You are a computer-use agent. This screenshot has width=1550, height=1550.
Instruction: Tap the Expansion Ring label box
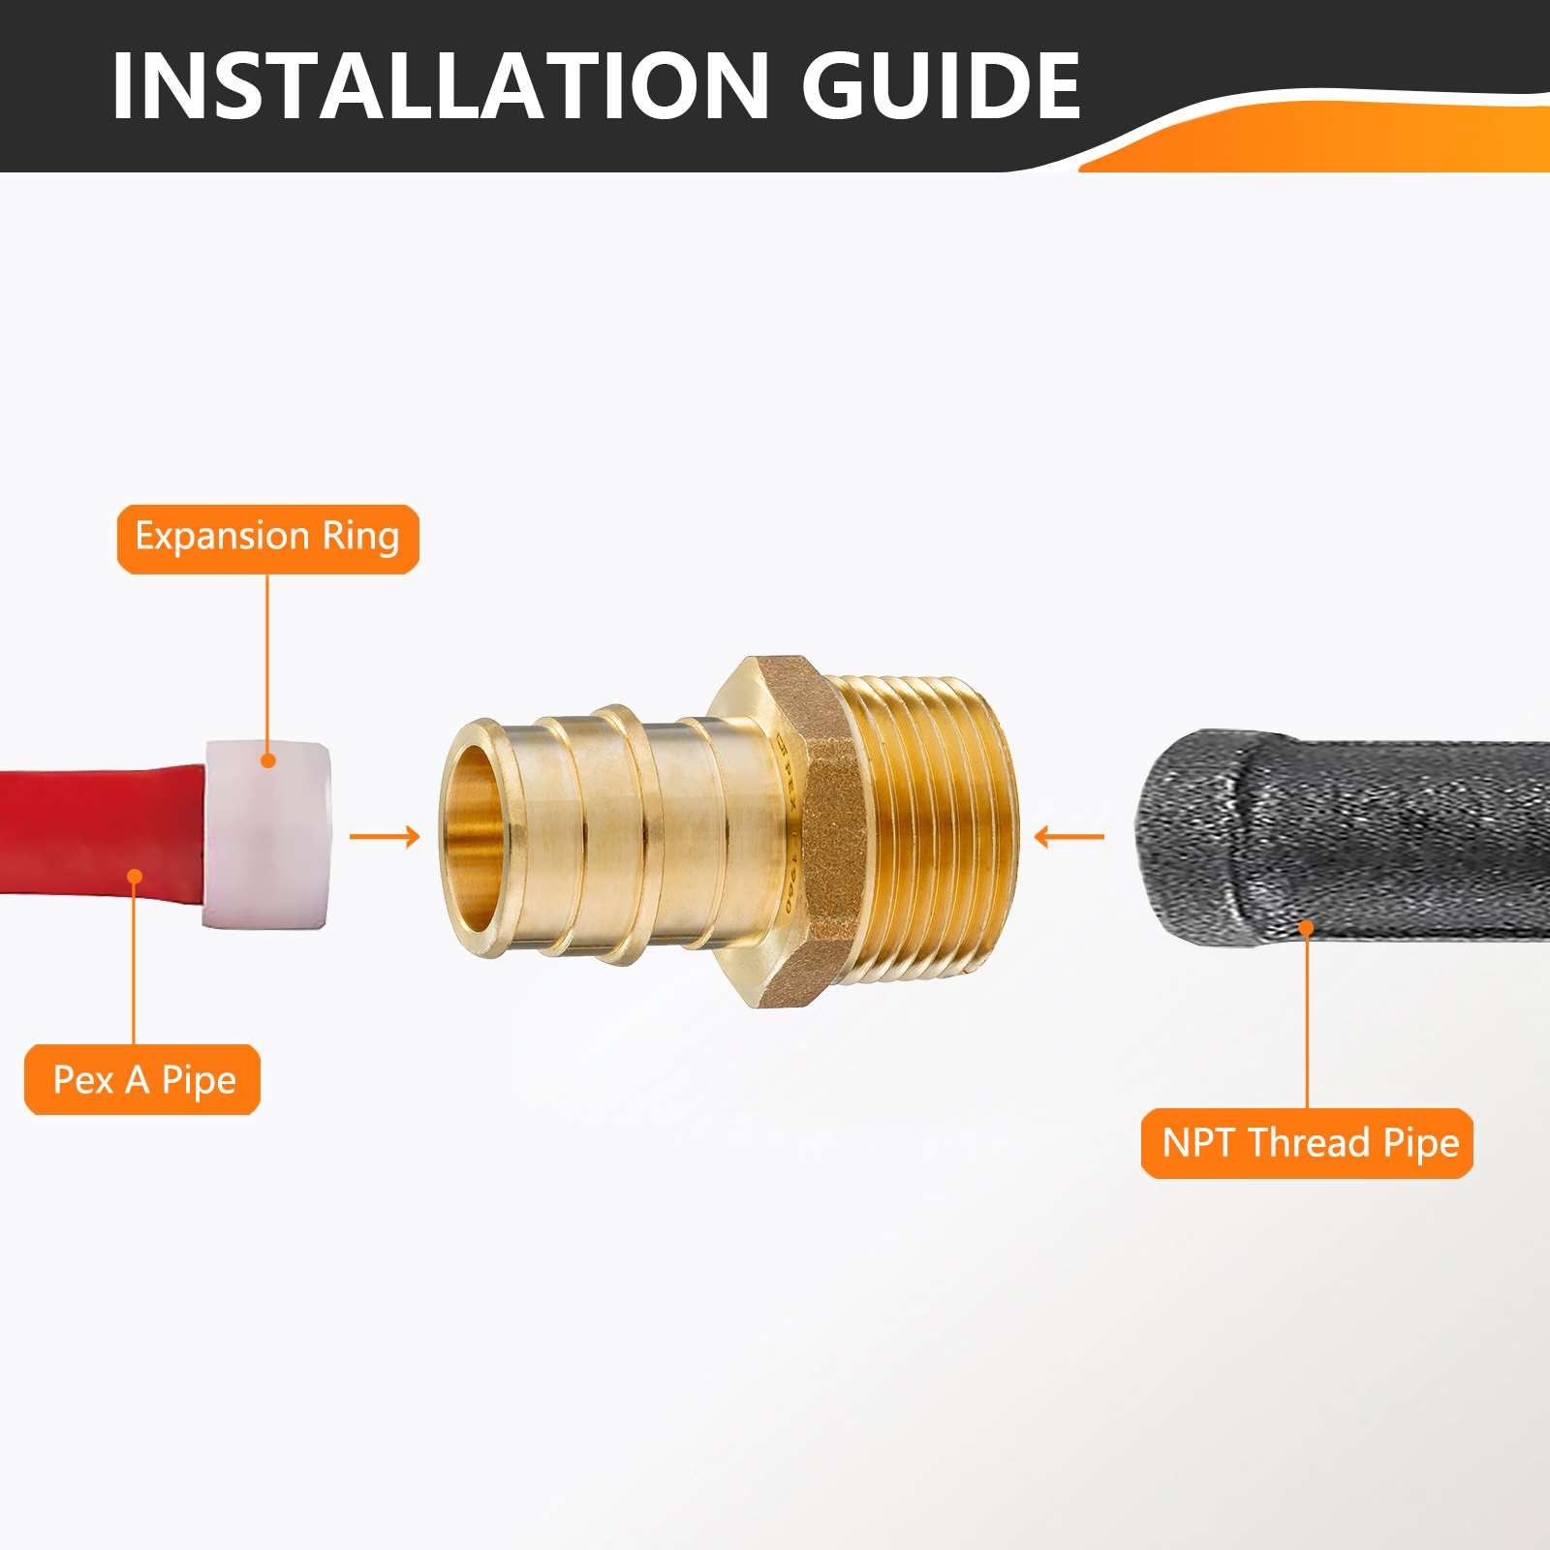(x=268, y=539)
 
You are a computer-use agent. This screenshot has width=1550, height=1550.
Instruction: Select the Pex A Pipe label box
(x=142, y=1079)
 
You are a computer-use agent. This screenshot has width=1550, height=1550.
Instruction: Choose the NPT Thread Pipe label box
(x=1307, y=1143)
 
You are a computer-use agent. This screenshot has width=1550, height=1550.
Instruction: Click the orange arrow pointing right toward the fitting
(x=385, y=836)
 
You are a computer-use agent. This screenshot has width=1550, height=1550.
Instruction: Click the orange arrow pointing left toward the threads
(x=1069, y=835)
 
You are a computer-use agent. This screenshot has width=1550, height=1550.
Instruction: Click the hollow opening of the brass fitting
(x=472, y=837)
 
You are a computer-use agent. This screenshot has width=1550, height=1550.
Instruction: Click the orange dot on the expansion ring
(x=269, y=760)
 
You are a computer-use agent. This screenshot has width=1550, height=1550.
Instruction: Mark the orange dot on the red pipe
(x=136, y=877)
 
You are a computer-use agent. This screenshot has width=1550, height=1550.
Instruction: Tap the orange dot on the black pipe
(x=1306, y=928)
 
